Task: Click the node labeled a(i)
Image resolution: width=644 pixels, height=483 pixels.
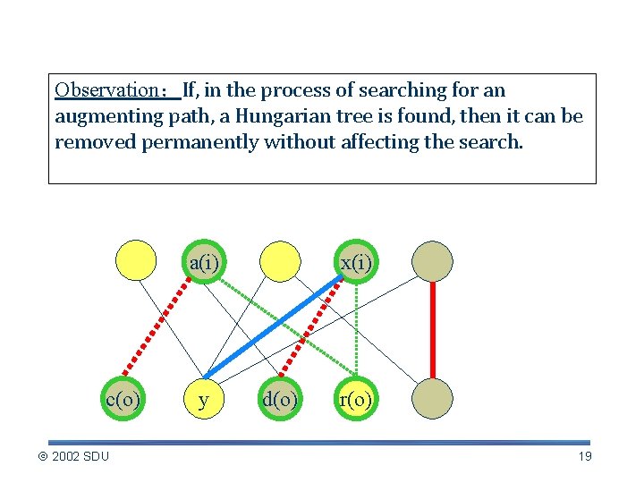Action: [204, 262]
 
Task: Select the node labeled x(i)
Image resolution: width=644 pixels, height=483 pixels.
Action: [356, 262]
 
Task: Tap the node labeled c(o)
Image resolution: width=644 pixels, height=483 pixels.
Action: [123, 399]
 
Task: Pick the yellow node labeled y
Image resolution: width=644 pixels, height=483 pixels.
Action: [204, 399]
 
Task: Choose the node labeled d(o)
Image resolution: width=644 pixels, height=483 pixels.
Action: [280, 399]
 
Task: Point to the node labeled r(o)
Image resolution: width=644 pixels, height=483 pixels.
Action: [356, 399]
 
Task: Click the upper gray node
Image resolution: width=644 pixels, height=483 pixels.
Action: [432, 262]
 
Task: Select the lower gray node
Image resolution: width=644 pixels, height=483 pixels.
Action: [432, 399]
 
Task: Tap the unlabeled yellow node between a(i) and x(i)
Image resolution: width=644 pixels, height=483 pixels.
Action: [280, 262]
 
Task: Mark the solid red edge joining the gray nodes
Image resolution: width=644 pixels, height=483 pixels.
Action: [432, 331]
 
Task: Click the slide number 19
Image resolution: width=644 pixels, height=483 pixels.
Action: [585, 457]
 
